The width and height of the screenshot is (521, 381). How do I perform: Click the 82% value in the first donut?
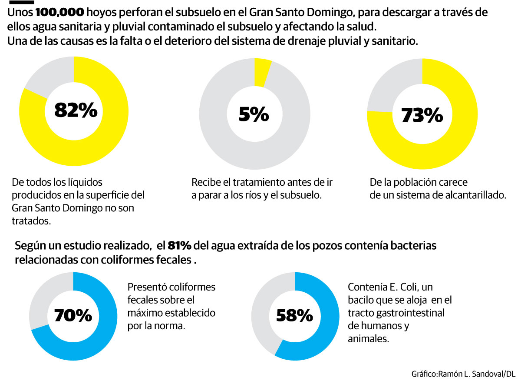pos(76,110)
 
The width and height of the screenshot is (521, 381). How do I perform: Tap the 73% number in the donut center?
pos(422,115)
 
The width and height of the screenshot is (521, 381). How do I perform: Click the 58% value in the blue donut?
pos(295,315)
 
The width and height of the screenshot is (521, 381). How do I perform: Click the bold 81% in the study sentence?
pos(179,246)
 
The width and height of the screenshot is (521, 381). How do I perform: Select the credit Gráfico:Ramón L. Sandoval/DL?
pos(463,374)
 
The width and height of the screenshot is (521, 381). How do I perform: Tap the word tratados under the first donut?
pos(31,221)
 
